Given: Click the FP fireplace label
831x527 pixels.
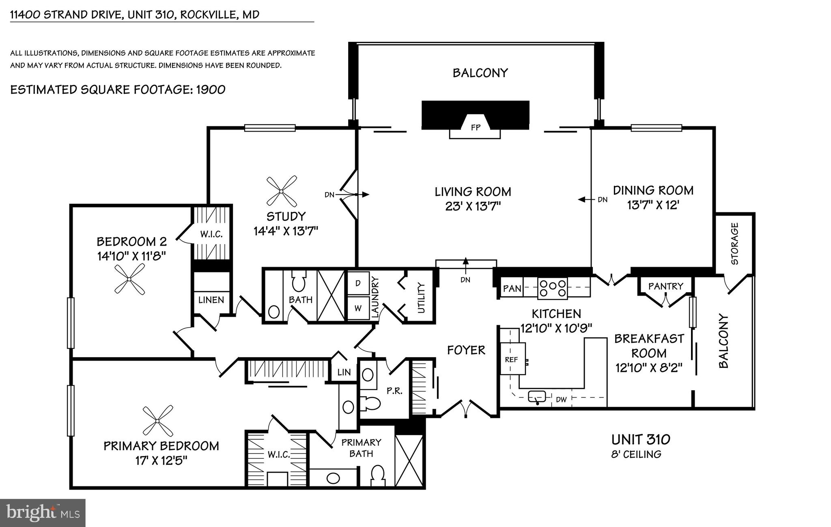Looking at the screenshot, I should point(476,127).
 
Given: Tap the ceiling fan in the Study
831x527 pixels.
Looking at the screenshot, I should point(282,191).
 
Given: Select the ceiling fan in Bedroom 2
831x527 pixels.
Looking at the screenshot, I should point(129,279).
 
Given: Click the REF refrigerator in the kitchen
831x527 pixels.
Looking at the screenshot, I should point(512,359).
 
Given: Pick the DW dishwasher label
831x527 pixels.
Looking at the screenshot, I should point(561,400).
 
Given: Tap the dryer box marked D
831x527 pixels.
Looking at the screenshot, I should point(358,283).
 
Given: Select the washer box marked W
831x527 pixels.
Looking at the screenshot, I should point(358,308).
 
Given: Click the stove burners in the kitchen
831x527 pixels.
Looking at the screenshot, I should point(552,288).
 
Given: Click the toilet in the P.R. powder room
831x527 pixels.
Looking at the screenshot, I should point(370,404).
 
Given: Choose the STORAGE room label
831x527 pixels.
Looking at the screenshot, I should point(734,244).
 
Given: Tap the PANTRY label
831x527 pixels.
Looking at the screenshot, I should point(665,286).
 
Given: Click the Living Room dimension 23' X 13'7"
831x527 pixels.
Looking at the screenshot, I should point(473,206).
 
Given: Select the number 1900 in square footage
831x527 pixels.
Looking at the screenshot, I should point(211,89).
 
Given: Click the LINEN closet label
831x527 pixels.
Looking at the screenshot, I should point(211,300).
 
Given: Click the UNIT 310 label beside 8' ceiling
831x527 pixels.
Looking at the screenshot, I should point(641,439).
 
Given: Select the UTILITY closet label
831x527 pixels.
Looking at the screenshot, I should point(421,298).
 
